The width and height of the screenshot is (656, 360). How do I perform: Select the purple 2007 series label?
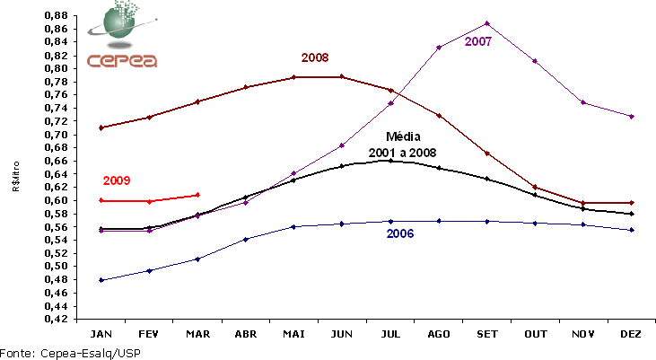point(478,42)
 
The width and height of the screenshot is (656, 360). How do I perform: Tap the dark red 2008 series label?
point(315,57)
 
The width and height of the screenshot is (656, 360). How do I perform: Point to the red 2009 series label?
point(117,180)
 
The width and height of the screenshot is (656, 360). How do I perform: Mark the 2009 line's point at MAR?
point(197,195)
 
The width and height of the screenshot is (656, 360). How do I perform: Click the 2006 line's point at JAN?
point(101,280)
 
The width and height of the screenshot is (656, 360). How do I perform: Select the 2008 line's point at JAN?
point(101,127)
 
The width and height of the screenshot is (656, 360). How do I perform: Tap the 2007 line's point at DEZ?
point(632,117)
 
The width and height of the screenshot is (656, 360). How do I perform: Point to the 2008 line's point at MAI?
point(293,77)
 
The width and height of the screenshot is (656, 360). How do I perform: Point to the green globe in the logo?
point(123,24)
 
